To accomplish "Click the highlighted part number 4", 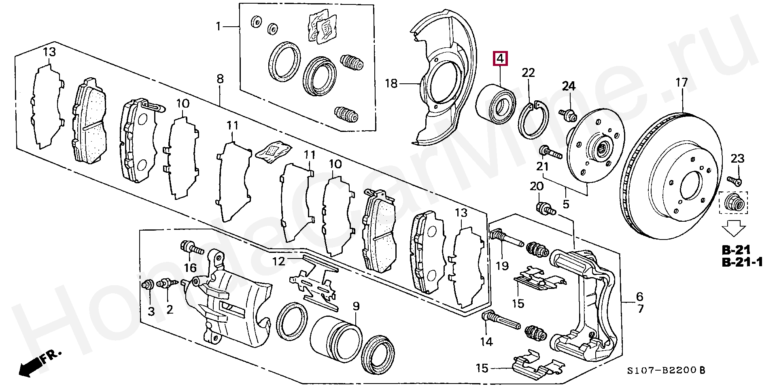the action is point(500,59).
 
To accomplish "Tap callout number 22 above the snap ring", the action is point(528,73).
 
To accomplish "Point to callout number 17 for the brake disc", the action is point(681,83).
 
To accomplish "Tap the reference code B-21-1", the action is point(742,262).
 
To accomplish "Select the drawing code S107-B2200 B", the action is point(666,370).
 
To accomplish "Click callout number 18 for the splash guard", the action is point(391,84).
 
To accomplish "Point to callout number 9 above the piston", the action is point(356,306).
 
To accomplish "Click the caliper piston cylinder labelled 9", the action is point(336,339).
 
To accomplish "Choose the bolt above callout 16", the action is point(191,247).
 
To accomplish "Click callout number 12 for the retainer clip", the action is point(278,261).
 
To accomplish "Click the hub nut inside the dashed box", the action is point(733,202).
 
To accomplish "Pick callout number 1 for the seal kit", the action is point(219,27).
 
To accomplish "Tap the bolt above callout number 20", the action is point(545,208).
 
